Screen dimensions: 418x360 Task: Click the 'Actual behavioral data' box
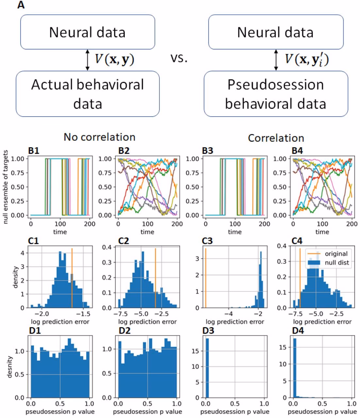88,94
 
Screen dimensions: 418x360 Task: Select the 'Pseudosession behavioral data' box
275,94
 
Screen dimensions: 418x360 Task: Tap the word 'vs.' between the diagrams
179,59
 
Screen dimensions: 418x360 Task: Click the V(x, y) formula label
114,59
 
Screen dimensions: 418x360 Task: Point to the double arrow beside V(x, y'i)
276,60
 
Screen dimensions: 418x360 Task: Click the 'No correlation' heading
99,137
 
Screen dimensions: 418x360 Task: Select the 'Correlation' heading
276,138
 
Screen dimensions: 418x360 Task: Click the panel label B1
34,151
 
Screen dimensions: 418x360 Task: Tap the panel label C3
208,241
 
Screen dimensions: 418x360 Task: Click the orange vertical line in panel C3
206,278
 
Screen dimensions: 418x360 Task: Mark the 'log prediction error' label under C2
148,322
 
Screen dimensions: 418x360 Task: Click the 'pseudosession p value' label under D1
60,411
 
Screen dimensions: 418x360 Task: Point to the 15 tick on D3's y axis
197,350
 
